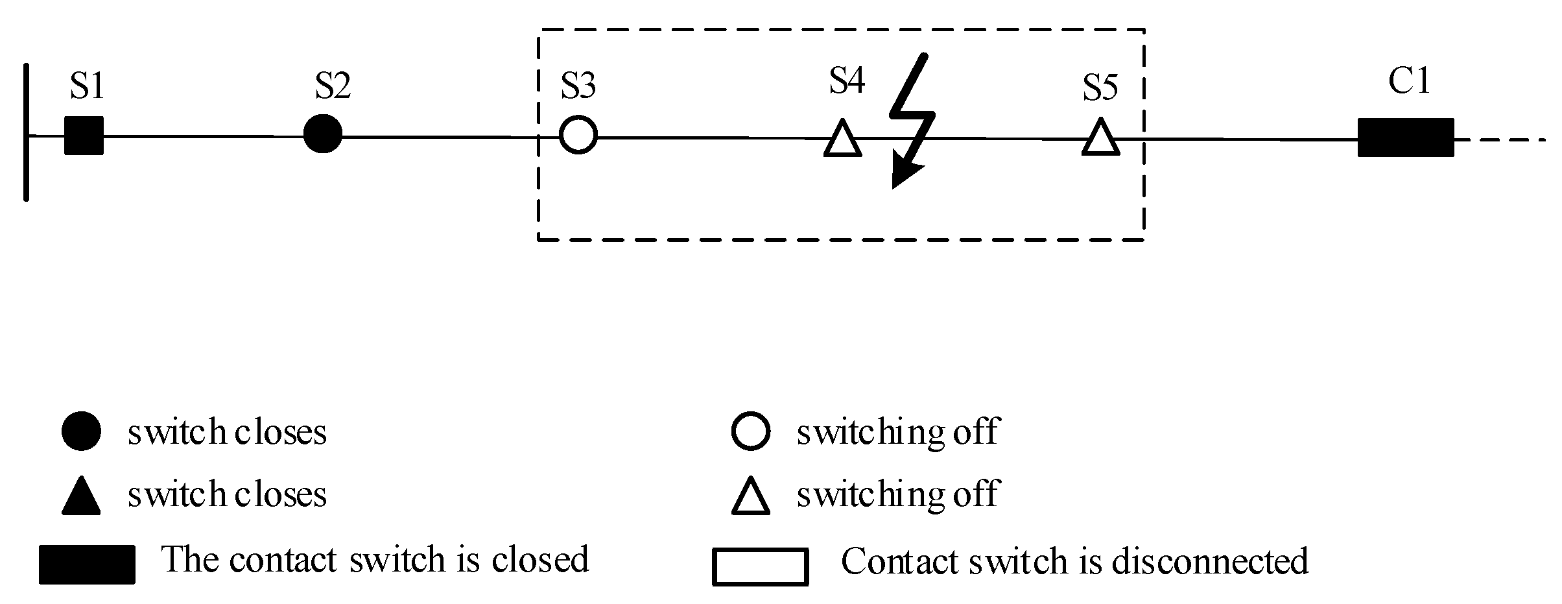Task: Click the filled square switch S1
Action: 84,136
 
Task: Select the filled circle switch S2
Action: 322,134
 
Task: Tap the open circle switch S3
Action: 578,136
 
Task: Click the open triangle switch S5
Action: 1100,139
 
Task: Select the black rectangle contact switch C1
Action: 1405,138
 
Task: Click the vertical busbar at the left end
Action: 26,132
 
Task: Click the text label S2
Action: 333,85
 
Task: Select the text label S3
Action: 578,85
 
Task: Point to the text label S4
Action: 847,81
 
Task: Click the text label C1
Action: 1409,81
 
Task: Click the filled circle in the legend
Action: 81,431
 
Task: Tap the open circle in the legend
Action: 750,431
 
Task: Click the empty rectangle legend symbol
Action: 760,567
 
